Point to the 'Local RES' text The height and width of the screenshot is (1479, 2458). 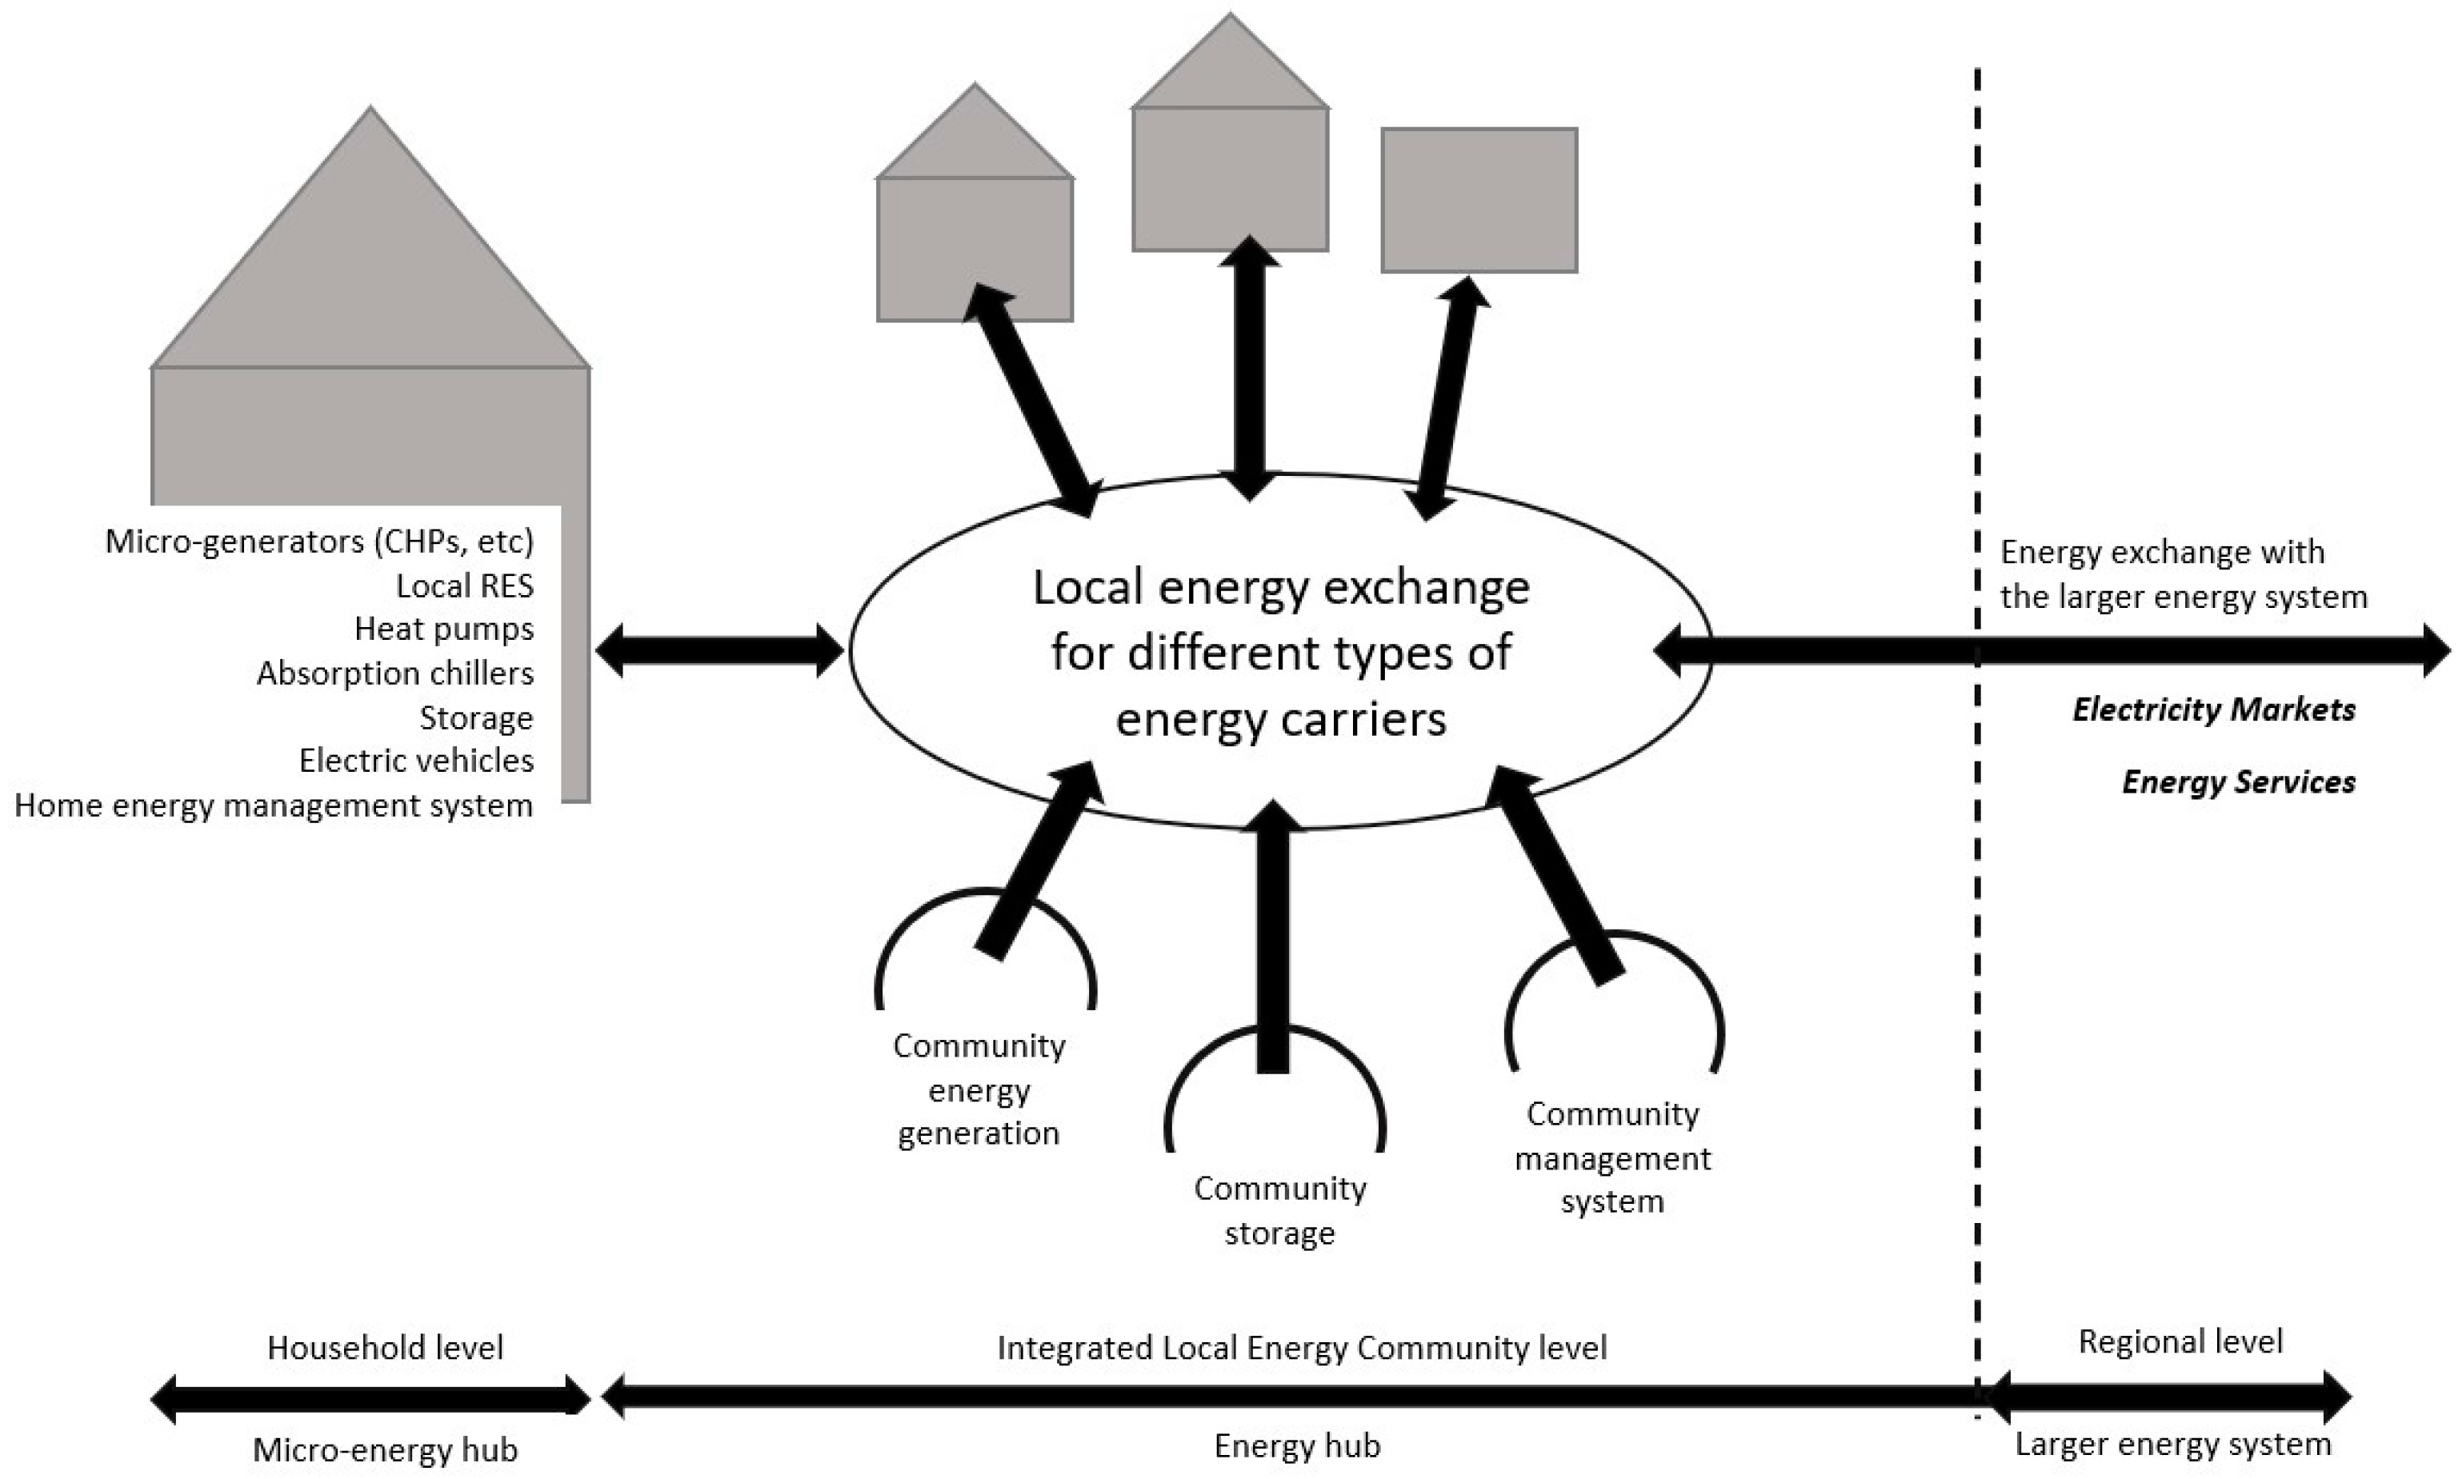click(465, 586)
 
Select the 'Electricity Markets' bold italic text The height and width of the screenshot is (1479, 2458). click(2214, 710)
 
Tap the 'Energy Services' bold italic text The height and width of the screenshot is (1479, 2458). click(2238, 781)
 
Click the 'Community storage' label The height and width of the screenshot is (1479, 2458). click(1280, 1210)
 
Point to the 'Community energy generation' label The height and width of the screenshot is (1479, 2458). click(979, 1089)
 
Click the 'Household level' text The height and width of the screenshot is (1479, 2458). click(385, 1348)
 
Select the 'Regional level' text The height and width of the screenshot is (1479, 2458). click(2180, 1341)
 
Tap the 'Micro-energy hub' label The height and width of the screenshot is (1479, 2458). click(385, 1450)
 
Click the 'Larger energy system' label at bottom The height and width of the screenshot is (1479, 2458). click(2173, 1444)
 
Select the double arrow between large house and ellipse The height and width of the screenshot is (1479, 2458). click(719, 651)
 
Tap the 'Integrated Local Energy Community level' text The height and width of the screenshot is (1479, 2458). click(1302, 1348)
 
